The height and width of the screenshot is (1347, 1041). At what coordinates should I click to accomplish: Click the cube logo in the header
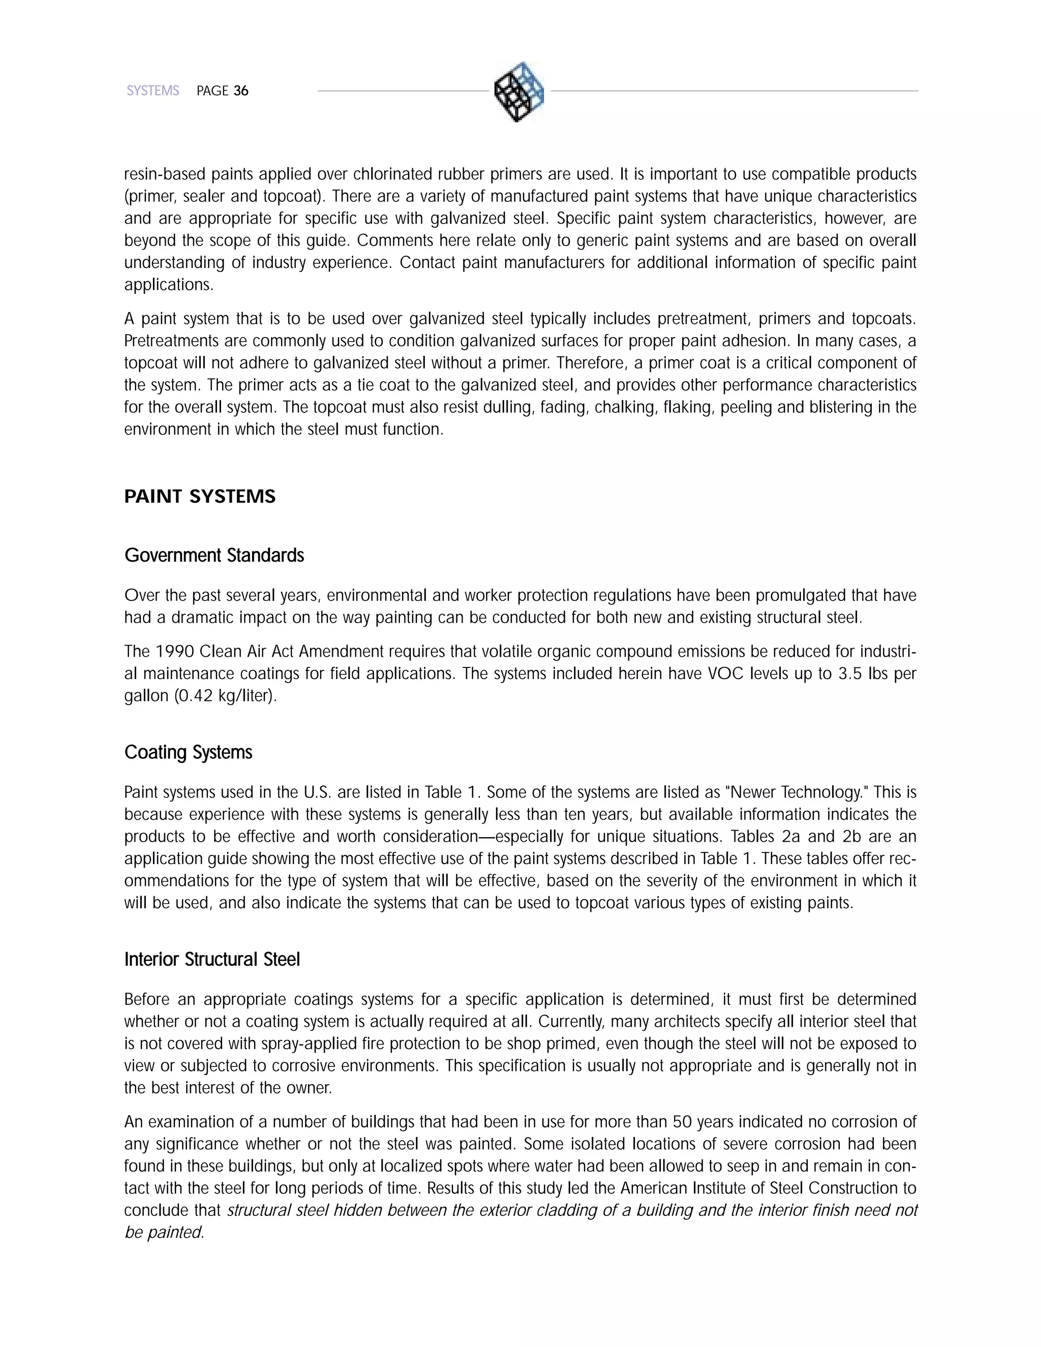519,91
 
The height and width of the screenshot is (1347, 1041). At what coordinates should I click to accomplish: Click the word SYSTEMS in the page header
153,91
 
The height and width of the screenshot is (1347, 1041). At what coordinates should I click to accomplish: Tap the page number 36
241,91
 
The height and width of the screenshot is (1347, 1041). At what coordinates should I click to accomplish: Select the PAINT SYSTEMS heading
200,497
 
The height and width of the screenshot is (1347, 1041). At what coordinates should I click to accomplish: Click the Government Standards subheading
214,556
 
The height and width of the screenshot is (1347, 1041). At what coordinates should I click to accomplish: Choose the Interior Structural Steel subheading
211,960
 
